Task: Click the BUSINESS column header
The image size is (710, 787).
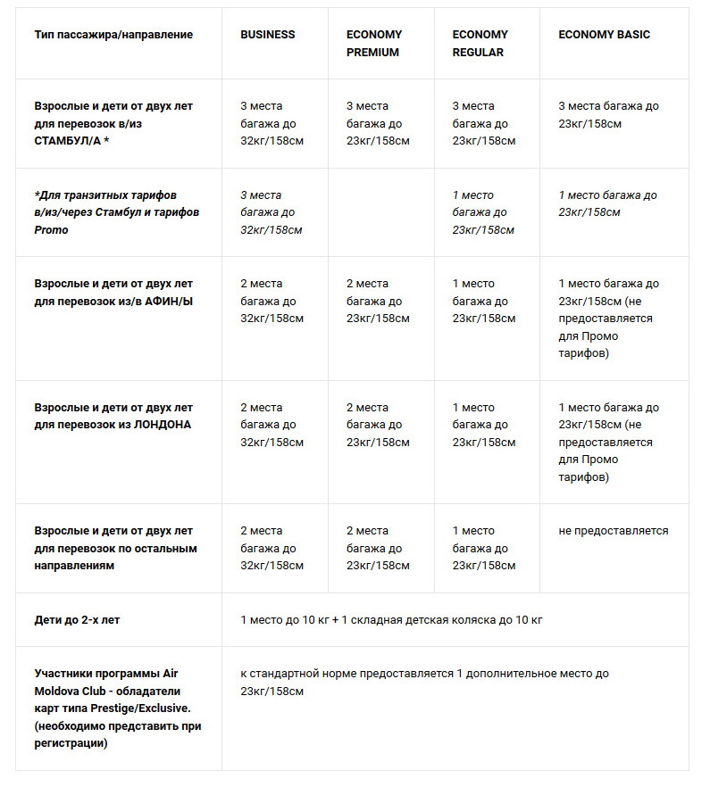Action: [267, 35]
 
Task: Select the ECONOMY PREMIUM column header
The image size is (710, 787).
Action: [373, 43]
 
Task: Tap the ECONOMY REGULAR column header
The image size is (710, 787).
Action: [480, 43]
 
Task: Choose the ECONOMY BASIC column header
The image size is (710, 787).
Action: [604, 35]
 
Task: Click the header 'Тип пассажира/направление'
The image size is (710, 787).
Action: [113, 35]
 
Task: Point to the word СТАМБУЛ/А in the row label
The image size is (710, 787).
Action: [68, 141]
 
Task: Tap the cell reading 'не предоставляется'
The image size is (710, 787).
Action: [613, 531]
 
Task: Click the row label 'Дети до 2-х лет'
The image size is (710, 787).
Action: [77, 619]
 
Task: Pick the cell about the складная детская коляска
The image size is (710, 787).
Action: [391, 619]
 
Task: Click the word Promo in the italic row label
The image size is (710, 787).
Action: [52, 230]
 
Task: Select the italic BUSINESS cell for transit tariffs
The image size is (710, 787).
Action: [271, 212]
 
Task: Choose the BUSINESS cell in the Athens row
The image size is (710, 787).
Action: [271, 301]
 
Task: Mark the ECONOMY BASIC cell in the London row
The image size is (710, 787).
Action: [608, 443]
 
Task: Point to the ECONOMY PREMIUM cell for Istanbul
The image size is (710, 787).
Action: [377, 123]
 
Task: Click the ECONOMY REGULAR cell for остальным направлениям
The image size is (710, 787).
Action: [483, 549]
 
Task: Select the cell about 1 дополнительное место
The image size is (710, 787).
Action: [424, 682]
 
